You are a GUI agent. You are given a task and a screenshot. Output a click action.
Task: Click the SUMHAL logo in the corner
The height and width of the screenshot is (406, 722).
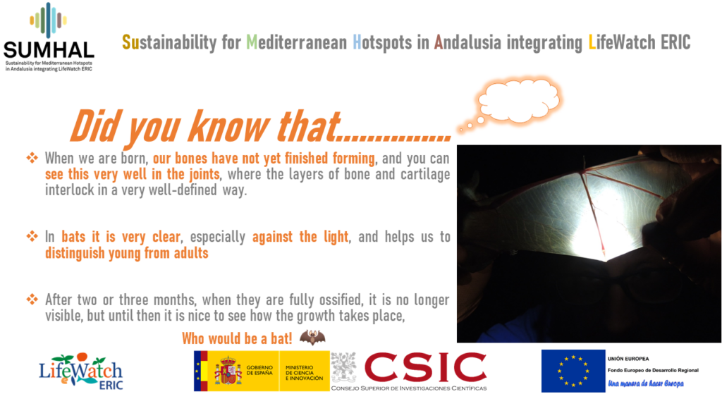[x=49, y=37]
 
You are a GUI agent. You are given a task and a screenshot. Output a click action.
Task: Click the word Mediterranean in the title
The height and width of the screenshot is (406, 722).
[x=297, y=42]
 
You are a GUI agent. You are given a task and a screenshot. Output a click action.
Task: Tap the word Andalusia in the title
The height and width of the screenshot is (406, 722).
[x=467, y=42]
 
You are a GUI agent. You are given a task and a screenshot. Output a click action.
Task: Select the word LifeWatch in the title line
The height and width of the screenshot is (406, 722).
[x=622, y=42]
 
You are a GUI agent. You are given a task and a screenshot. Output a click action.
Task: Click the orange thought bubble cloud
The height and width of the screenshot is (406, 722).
[x=518, y=101]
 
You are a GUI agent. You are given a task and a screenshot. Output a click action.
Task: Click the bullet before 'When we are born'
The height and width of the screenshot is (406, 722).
[x=32, y=159]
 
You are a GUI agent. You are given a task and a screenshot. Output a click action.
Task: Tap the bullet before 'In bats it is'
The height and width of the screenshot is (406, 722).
[x=32, y=237]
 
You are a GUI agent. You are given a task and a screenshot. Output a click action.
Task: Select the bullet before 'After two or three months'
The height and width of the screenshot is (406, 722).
[x=32, y=300]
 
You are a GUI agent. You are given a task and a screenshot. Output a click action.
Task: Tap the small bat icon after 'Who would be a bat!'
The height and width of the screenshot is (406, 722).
[x=312, y=338]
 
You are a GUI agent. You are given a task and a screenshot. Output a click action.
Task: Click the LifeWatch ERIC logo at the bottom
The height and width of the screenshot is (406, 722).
[x=81, y=371]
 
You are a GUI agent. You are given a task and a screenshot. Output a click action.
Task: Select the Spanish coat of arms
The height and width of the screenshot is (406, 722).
[x=228, y=371]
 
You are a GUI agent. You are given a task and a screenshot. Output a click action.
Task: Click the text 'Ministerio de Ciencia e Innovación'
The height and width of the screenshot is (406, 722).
[x=305, y=373]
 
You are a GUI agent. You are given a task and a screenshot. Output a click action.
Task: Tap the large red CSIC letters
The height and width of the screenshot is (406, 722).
[x=425, y=368]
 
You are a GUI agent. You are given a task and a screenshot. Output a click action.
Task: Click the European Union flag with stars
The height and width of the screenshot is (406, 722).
[x=573, y=371]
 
